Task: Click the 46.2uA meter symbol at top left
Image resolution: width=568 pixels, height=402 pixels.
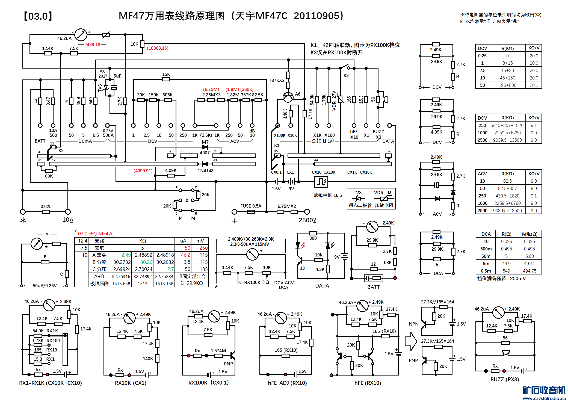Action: tap(81, 35)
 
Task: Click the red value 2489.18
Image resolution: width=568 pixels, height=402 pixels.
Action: tap(92, 45)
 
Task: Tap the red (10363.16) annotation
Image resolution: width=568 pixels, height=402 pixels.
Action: tap(158, 48)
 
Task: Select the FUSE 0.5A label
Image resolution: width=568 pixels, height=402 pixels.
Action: tap(251, 206)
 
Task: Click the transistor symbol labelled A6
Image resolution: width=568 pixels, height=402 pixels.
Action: tap(288, 97)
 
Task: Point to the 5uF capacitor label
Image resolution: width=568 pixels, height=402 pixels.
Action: tap(117, 76)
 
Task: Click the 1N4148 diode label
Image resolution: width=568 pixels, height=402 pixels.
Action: tap(205, 171)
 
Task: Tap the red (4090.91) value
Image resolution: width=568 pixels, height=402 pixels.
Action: tap(143, 171)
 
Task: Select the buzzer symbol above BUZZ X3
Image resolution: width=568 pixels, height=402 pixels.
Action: tap(385, 99)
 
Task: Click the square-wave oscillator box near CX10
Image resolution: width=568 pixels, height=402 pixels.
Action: tap(321, 182)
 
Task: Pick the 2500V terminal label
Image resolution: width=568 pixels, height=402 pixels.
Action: tap(307, 220)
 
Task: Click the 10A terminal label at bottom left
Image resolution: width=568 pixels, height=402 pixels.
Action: tap(68, 220)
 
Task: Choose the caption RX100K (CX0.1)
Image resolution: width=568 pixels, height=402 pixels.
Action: tap(208, 383)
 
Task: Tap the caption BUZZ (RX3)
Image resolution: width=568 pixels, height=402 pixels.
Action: tap(505, 379)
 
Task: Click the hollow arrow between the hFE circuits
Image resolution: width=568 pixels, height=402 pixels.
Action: tap(411, 341)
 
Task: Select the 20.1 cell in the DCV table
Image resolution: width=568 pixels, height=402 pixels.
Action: tap(534, 85)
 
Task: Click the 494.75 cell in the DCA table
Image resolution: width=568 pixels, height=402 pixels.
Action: tap(529, 271)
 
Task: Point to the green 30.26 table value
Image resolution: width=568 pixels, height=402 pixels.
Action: tap(146, 262)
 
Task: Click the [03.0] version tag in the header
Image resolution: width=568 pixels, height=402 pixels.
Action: tap(38, 16)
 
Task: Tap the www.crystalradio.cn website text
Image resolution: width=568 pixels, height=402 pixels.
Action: tap(544, 398)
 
